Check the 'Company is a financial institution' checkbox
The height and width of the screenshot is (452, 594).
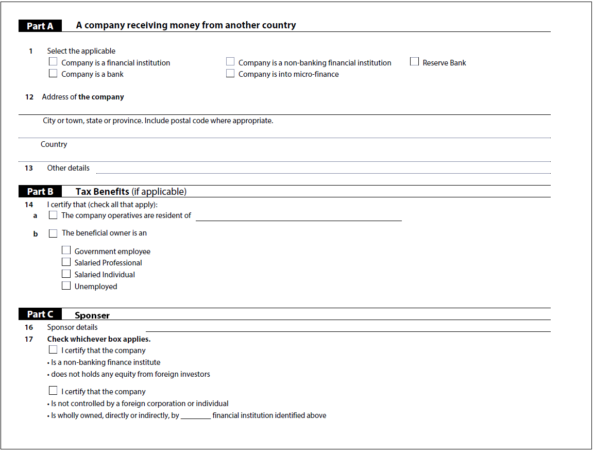53,62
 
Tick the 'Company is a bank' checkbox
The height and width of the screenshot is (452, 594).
53,74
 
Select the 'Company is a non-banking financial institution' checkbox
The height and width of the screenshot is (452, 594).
230,62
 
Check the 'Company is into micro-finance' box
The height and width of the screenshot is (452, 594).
230,74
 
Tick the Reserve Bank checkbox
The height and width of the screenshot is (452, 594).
414,62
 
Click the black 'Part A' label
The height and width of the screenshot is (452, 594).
40,26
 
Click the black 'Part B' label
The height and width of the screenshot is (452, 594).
40,192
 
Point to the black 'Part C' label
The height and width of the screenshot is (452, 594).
40,314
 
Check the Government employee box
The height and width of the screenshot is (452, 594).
66,250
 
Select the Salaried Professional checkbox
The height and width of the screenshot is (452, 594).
66,262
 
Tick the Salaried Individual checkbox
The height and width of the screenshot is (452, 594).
66,274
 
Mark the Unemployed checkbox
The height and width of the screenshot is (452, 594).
66,286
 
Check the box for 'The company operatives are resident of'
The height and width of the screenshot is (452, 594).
53,215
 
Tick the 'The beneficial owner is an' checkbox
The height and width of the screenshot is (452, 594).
53,233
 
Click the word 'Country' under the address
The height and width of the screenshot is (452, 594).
54,144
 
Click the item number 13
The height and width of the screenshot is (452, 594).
29,168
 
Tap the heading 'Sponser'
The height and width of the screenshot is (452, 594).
92,315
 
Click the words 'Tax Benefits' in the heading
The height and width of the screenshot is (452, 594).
102,192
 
